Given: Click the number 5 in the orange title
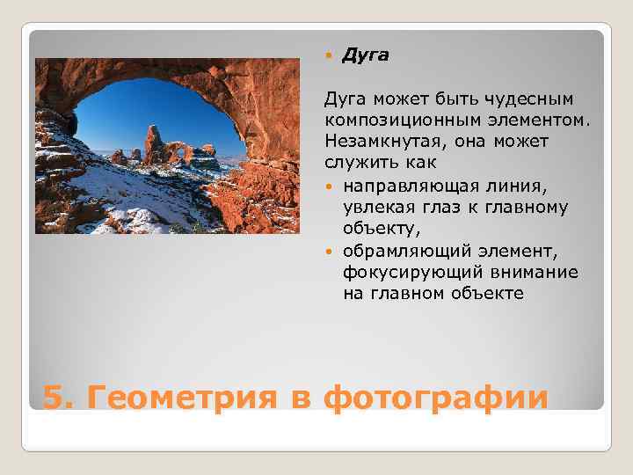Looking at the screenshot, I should pos(54,398).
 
